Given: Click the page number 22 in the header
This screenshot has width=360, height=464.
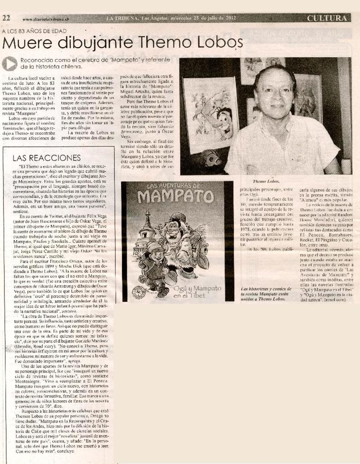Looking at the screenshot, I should tap(7, 18).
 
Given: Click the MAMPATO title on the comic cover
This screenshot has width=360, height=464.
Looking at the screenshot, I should tap(176, 196).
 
